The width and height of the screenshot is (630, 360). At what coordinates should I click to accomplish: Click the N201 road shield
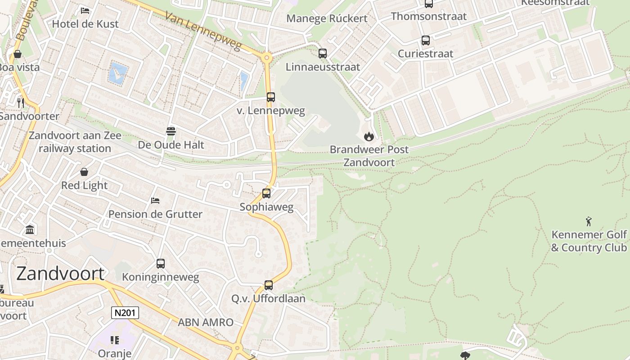click(125, 313)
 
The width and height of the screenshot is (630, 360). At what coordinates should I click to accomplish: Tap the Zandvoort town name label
click(60, 274)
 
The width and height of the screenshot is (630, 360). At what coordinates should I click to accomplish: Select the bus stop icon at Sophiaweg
click(266, 193)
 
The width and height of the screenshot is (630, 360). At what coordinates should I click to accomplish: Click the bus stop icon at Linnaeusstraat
click(323, 54)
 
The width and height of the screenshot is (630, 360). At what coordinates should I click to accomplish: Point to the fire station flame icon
click(369, 136)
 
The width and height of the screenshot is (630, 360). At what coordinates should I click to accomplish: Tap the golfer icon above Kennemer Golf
click(589, 221)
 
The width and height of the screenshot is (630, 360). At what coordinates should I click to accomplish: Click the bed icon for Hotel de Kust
click(85, 11)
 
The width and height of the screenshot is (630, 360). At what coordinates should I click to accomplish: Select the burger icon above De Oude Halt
click(171, 131)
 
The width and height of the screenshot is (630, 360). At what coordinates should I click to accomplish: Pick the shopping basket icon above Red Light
click(84, 172)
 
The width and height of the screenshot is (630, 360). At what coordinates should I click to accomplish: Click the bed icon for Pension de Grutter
click(155, 201)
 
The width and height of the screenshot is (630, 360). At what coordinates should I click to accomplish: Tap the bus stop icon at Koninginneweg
click(161, 264)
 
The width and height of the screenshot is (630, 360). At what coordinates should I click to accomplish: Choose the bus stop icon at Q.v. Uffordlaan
click(269, 285)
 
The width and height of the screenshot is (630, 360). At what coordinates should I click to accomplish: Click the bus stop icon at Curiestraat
click(426, 40)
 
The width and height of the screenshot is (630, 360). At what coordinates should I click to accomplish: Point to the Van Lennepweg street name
click(203, 31)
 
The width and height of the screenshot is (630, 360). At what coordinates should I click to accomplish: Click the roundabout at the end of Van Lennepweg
click(267, 58)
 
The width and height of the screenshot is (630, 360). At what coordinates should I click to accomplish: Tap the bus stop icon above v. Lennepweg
click(271, 97)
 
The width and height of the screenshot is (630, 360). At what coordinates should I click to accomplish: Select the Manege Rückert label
click(327, 18)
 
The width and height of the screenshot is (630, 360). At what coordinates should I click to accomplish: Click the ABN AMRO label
click(206, 322)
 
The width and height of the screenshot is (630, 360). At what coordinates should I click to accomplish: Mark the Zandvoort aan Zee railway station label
click(75, 142)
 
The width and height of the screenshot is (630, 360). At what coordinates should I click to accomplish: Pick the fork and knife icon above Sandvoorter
click(20, 103)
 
